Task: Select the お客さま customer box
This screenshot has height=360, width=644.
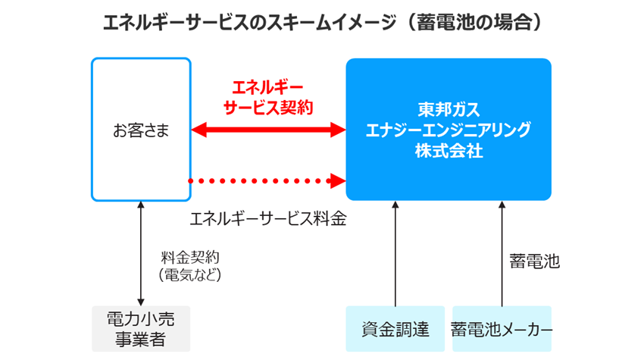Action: [x=140, y=130]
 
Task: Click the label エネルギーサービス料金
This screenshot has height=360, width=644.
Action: [x=267, y=219]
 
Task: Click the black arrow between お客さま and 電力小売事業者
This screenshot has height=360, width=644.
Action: [x=141, y=254]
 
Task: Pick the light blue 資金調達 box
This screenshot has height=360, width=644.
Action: [x=395, y=329]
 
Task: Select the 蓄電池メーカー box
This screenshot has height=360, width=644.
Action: [x=502, y=329]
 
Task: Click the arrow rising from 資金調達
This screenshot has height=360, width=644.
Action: [x=395, y=254]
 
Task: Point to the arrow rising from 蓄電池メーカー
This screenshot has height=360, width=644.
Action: [x=502, y=254]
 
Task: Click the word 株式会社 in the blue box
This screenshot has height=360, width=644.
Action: [x=448, y=150]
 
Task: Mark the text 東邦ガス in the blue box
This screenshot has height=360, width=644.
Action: [x=448, y=108]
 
